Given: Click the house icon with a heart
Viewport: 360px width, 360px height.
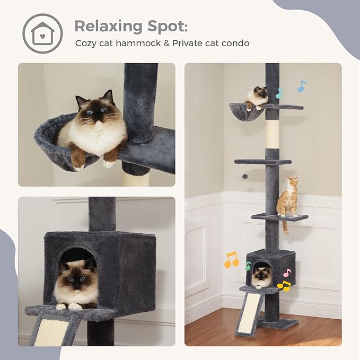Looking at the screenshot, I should pos(42,33).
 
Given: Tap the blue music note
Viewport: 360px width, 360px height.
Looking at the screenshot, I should pos(302,86).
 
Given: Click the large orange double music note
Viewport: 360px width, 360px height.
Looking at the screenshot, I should pos(231,260).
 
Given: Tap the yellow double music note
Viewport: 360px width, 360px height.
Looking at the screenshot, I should pos(284,286).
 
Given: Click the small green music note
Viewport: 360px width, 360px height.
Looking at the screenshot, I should pos(248,266).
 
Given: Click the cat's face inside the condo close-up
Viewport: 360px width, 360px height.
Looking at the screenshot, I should pos(76,277).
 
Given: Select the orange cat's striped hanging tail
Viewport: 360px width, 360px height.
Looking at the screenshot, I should pos(285,226).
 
